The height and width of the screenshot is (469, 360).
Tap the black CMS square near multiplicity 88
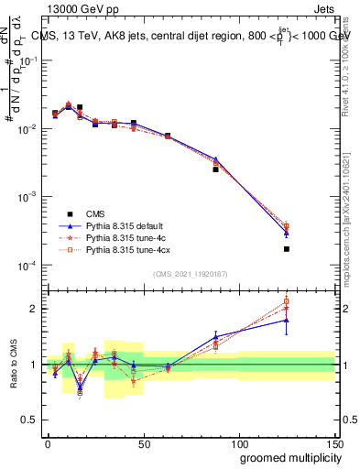[x=215, y=169]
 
